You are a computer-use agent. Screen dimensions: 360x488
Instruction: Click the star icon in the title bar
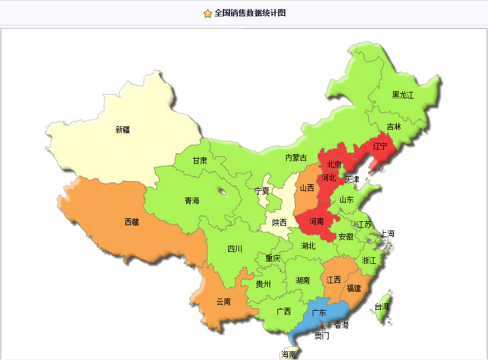(207, 13)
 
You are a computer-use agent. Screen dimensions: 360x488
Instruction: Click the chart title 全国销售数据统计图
(250, 13)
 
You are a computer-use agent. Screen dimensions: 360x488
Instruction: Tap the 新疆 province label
(122, 130)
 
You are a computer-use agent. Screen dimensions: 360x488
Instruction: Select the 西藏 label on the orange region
(132, 223)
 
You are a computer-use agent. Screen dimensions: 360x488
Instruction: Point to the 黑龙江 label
(402, 95)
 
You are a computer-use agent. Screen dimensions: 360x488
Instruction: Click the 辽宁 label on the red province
(380, 146)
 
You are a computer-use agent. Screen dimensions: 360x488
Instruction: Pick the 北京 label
(334, 164)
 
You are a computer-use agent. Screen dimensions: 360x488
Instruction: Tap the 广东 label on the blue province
(319, 313)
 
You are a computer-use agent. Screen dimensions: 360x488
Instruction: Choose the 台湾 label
(382, 307)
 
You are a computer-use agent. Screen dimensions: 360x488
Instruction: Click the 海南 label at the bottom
(288, 355)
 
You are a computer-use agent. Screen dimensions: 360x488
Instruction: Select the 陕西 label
(279, 223)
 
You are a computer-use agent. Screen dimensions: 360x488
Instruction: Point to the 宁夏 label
(262, 190)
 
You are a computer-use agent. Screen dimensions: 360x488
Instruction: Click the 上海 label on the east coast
(388, 234)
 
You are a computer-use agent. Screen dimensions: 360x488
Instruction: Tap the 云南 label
(223, 302)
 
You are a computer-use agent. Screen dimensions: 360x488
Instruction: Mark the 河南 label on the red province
(316, 222)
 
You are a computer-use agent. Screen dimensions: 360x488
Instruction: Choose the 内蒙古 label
(296, 158)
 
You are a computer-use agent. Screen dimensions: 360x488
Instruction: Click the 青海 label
(192, 201)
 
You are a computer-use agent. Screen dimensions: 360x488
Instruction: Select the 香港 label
(341, 325)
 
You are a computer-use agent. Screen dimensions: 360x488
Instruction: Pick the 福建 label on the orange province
(354, 288)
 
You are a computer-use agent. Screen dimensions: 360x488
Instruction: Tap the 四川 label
(235, 249)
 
